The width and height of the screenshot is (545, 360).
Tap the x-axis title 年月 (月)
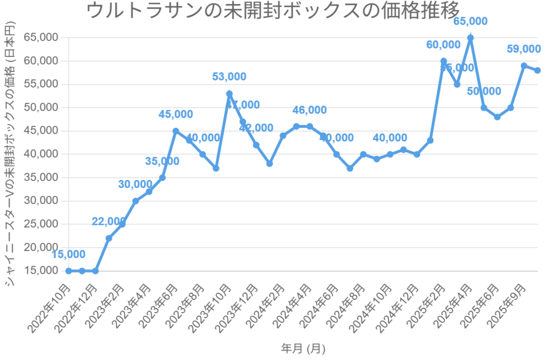(303, 348)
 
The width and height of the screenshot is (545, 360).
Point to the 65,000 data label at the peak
(470, 21)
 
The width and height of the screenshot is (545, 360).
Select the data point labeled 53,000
(229, 94)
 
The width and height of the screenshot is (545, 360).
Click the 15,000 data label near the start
(68, 255)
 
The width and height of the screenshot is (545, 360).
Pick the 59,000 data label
(523, 49)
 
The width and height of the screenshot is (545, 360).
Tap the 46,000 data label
(309, 110)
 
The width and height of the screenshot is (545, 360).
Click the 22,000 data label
(109, 222)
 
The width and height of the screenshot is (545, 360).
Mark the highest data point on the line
(470, 38)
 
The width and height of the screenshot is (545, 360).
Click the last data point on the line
(538, 70)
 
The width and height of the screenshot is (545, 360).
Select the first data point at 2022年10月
(69, 271)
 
